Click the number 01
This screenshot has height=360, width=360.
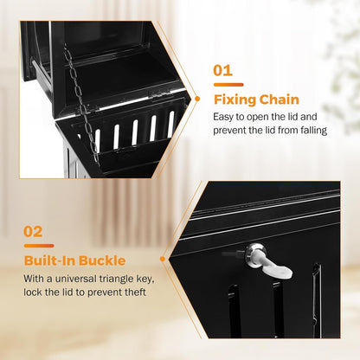(223, 70)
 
